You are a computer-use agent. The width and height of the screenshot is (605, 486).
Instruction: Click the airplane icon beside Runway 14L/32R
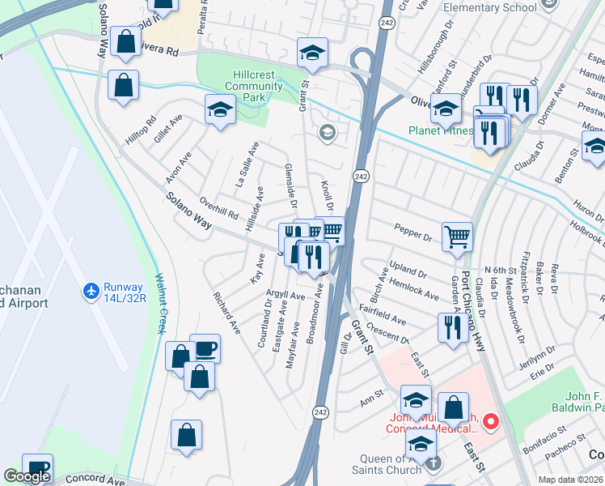(91, 289)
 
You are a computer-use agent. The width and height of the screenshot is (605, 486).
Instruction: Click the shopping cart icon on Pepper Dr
(457, 237)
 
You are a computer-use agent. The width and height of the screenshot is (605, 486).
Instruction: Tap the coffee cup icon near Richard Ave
(205, 348)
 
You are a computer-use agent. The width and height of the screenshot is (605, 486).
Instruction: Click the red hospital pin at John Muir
(491, 422)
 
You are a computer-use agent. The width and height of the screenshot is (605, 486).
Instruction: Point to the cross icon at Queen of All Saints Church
(434, 463)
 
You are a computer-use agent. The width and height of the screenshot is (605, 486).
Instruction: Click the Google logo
(27, 476)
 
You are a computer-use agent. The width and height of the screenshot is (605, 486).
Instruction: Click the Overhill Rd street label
(219, 210)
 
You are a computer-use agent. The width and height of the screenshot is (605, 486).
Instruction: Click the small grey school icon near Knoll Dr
(327, 134)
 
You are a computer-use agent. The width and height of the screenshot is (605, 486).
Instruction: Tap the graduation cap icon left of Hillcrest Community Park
(219, 109)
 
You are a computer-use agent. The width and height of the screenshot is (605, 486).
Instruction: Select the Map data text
(569, 480)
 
